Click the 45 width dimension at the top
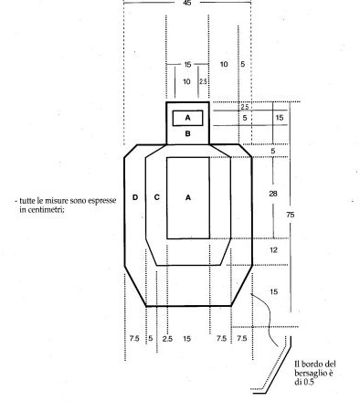tap(187, 3)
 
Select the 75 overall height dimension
tap(291, 215)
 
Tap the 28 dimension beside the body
tap(273, 194)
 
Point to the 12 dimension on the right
tap(273, 250)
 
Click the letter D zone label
tap(135, 197)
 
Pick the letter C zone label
tap(157, 197)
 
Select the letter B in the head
tap(188, 133)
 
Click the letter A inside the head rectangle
tap(187, 118)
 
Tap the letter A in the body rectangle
tap(188, 197)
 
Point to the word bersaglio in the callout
tap(310, 373)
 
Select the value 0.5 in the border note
tap(308, 382)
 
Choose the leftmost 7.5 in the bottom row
tap(134, 338)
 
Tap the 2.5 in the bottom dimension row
tap(167, 339)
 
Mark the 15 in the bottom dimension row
tap(187, 338)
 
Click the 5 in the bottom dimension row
tap(151, 339)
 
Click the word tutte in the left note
tap(27, 201)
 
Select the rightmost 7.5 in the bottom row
tap(242, 338)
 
